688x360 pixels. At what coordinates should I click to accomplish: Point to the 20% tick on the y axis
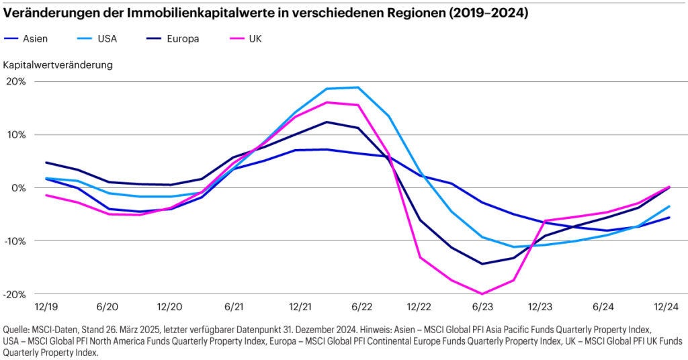coord(16,81)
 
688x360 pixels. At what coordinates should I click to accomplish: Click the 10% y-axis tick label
coord(16,134)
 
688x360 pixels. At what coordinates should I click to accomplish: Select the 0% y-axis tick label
coord(19,187)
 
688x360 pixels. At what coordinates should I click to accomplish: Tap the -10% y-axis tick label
coord(15,240)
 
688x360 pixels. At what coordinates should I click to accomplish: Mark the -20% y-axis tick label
coord(15,294)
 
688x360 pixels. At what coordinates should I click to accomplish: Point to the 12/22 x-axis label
coord(419,307)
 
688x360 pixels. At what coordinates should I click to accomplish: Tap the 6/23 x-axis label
coord(482,307)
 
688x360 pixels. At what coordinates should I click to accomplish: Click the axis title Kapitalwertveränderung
coord(58,65)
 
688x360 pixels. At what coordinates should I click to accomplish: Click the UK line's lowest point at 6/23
coord(482,294)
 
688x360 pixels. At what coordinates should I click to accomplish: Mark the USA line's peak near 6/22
coord(357,87)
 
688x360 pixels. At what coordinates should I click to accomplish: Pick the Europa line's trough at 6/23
coord(482,263)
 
